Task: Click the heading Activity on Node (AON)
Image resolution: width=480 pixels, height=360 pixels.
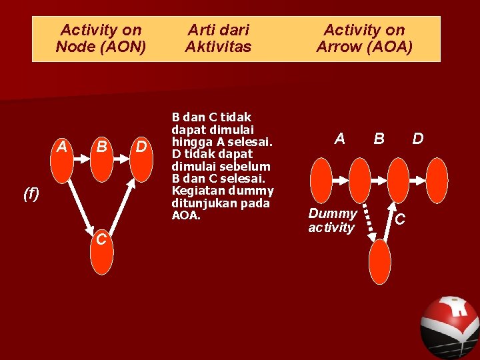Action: (101, 38)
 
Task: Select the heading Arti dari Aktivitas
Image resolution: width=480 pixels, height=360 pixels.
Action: (218, 38)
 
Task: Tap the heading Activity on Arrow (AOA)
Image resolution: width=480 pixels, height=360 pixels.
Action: (364, 38)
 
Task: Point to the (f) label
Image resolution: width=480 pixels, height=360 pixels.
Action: (31, 194)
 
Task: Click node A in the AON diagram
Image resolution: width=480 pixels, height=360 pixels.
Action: (62, 161)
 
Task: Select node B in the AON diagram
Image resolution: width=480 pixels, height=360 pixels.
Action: (102, 161)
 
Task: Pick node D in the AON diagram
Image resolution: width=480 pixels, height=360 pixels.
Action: (141, 161)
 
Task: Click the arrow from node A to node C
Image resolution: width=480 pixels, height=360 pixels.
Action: (81, 209)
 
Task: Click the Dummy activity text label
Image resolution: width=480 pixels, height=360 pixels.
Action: (332, 221)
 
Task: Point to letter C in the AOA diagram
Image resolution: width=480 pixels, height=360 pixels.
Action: (400, 219)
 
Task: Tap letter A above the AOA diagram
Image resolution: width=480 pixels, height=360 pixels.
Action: (340, 139)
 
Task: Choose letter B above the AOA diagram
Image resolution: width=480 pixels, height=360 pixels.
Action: (379, 139)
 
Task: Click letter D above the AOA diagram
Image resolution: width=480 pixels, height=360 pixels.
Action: (417, 139)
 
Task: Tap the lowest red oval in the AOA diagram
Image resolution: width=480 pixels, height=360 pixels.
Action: (379, 260)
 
